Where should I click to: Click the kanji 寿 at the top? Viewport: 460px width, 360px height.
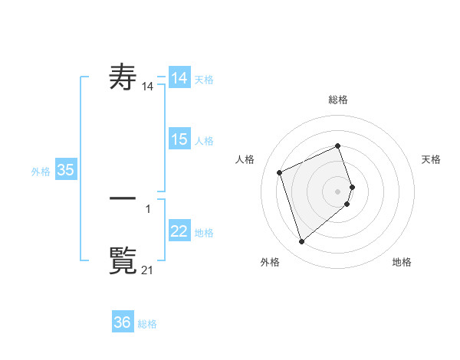tap(123, 77)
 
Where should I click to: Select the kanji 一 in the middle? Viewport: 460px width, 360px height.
tap(123, 197)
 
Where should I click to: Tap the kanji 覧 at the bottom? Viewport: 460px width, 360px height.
tap(123, 258)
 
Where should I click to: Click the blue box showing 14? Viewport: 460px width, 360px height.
tap(179, 78)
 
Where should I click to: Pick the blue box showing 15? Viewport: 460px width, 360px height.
tap(179, 139)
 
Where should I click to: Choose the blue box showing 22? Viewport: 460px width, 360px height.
tap(179, 231)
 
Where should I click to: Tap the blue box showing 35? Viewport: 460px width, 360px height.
tap(66, 170)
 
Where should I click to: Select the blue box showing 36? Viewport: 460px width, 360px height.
tap(123, 322)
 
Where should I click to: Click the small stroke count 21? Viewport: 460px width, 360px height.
tap(148, 270)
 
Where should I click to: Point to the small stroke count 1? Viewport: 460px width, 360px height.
tap(148, 208)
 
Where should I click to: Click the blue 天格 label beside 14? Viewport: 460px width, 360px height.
tap(204, 80)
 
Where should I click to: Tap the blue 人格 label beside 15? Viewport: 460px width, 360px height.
tap(204, 141)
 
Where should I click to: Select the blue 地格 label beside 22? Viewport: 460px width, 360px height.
tap(204, 233)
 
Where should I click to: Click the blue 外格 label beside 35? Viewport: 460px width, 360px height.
tap(41, 172)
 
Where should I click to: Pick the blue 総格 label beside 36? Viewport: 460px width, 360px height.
tap(147, 324)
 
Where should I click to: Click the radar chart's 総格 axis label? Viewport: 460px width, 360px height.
tap(338, 100)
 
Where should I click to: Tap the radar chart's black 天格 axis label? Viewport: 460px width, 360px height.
tap(432, 159)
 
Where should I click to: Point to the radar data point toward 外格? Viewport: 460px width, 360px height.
tap(301, 242)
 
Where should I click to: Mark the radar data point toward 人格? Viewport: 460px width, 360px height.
tap(280, 172)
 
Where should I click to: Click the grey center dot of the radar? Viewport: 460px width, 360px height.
tap(338, 191)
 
